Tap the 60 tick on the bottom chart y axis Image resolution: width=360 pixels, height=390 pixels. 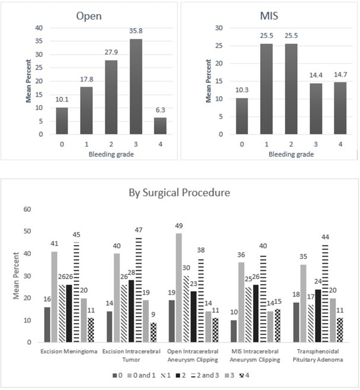pos(28,209)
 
